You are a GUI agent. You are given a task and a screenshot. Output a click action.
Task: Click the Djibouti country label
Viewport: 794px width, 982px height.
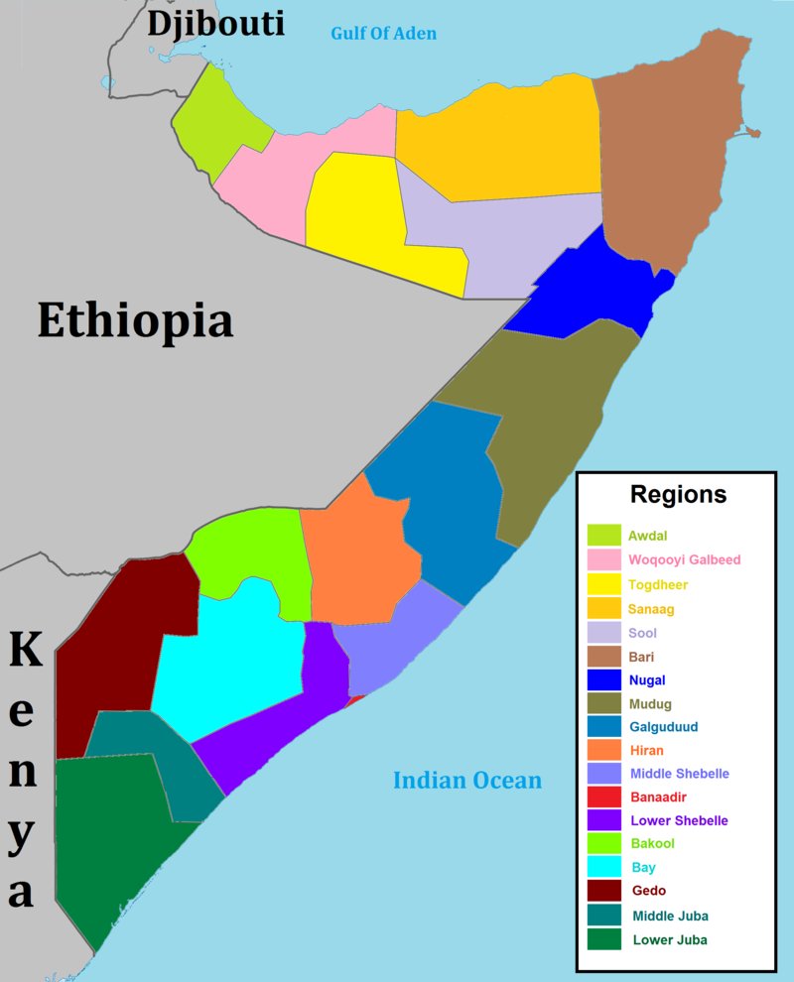tap(215, 24)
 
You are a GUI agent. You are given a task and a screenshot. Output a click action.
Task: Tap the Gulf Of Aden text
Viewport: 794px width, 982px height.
tap(383, 35)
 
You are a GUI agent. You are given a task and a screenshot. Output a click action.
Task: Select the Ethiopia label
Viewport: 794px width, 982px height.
tap(135, 321)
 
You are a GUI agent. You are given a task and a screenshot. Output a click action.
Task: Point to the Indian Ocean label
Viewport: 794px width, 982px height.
tap(467, 781)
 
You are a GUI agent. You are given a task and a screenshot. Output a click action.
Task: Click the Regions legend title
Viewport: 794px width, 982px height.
tap(679, 495)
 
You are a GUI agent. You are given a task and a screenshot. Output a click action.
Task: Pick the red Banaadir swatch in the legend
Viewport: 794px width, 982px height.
tap(603, 797)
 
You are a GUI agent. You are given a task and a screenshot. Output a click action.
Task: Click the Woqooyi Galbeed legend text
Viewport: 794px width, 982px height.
tap(684, 560)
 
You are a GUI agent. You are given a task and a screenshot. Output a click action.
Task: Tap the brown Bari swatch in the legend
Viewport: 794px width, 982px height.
tap(603, 657)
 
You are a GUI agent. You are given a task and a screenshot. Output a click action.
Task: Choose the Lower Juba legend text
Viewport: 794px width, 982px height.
tap(670, 939)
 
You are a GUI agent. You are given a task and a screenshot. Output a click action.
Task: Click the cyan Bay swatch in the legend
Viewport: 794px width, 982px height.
tap(603, 868)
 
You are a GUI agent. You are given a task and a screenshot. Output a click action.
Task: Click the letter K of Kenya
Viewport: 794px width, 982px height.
tap(25, 652)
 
